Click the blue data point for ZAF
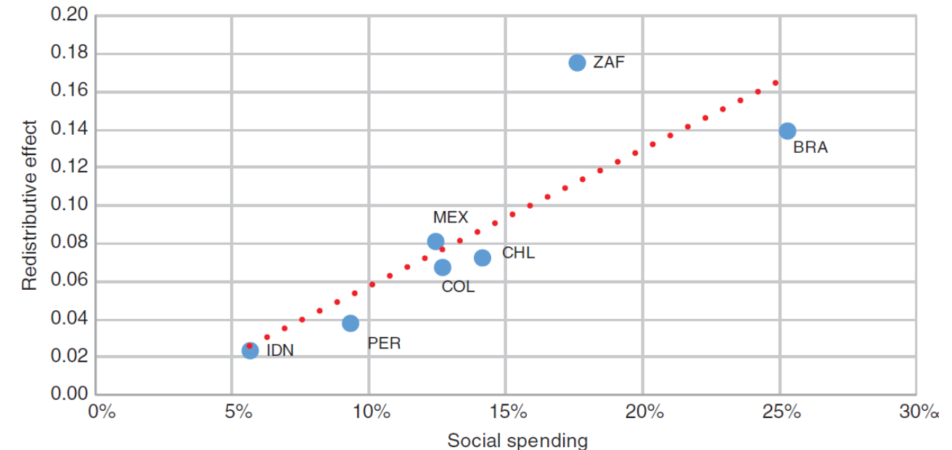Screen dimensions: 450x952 tap(577, 62)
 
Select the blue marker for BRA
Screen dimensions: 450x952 tap(787, 130)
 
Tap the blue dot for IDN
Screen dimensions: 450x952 tap(250, 351)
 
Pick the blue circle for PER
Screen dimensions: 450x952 tap(350, 323)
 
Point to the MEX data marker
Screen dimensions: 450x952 tap(435, 241)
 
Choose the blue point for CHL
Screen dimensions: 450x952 tap(483, 257)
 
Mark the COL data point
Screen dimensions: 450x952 tap(443, 267)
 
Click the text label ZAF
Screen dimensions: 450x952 tap(609, 62)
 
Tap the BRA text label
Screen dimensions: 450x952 tap(811, 149)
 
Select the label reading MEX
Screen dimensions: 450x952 tap(451, 217)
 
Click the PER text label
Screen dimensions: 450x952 tap(384, 343)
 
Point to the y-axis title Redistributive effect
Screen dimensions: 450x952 tap(29, 205)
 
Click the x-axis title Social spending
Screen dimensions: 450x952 tap(517, 440)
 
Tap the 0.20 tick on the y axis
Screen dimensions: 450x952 tap(69, 16)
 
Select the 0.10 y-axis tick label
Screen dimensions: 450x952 tap(69, 205)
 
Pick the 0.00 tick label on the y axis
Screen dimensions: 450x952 tap(69, 395)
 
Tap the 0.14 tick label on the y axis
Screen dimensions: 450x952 tap(69, 130)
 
